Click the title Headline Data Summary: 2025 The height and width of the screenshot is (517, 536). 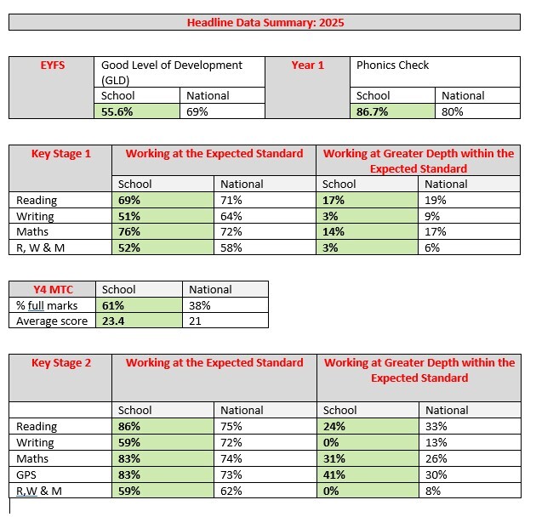[x=265, y=23]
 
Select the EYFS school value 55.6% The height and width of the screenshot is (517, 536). [x=117, y=111]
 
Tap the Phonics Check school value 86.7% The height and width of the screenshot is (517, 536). [x=372, y=111]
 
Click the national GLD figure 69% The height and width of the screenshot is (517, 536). [x=197, y=111]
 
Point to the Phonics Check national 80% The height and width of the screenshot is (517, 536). [x=453, y=111]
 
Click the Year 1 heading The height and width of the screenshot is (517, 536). [x=308, y=65]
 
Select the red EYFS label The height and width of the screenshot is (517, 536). [x=52, y=65]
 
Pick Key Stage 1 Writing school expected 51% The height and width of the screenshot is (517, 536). [x=129, y=216]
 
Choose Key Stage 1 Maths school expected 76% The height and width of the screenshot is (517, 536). [x=129, y=231]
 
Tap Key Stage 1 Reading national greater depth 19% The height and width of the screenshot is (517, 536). [x=435, y=200]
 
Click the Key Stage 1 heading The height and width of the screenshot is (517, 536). [x=61, y=153]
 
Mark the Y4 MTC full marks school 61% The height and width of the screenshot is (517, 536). [x=113, y=305]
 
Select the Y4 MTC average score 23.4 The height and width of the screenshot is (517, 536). [x=113, y=321]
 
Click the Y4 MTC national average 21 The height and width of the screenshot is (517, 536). [x=195, y=321]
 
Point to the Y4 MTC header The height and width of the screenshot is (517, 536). [x=53, y=289]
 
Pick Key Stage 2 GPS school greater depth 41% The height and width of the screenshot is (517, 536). [x=334, y=474]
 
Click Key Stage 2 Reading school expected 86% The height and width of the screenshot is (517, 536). [x=129, y=427]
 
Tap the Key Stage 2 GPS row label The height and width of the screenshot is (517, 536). [x=26, y=474]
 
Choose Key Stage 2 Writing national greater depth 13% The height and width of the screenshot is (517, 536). [x=436, y=442]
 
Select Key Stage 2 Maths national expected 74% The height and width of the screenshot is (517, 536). [x=231, y=458]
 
